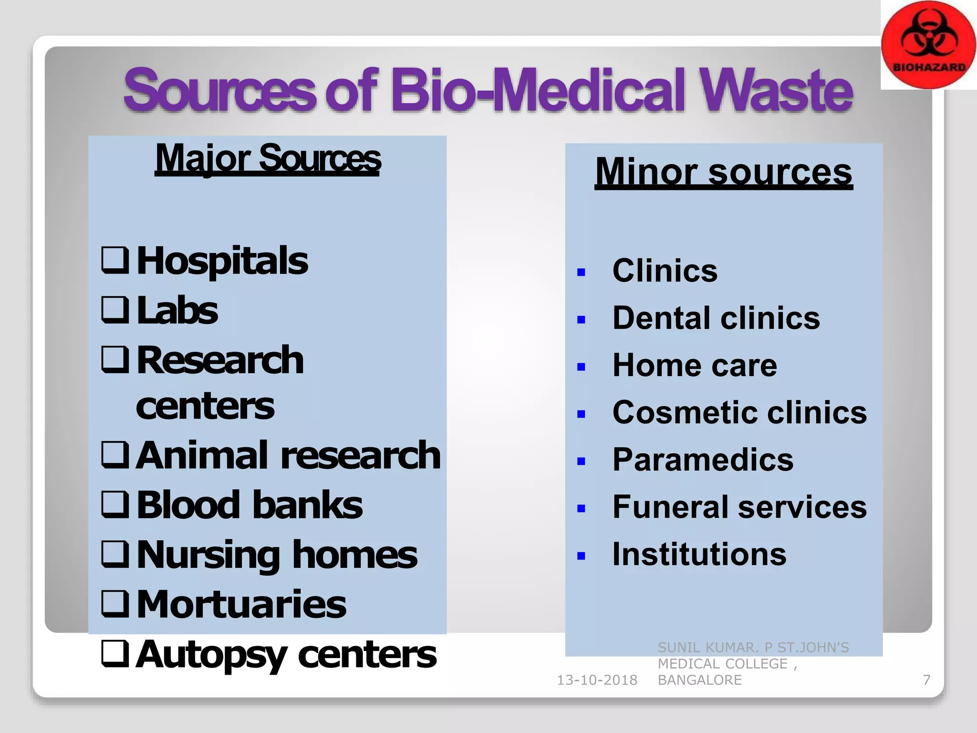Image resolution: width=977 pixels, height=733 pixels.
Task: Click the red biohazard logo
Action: point(928,45)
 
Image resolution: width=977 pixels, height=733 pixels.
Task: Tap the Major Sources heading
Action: point(268,158)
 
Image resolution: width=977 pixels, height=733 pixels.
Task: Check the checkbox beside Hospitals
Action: point(115,261)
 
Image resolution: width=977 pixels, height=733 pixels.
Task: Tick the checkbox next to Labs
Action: point(115,310)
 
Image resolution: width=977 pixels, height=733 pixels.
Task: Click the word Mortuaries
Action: point(241,604)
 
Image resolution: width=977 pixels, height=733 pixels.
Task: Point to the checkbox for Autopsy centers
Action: point(115,654)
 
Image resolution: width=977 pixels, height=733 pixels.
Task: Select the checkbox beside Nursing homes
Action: point(115,555)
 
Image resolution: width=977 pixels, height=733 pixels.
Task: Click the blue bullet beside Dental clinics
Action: point(581,320)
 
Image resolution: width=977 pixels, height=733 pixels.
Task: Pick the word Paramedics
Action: point(703,460)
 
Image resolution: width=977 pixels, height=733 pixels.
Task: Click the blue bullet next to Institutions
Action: point(581,556)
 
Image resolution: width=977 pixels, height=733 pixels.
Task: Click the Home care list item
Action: point(695,366)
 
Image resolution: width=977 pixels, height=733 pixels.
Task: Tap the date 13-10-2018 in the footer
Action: point(597,680)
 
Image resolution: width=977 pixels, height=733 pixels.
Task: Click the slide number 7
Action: point(926,680)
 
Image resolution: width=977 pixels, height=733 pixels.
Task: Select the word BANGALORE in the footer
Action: point(699,680)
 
